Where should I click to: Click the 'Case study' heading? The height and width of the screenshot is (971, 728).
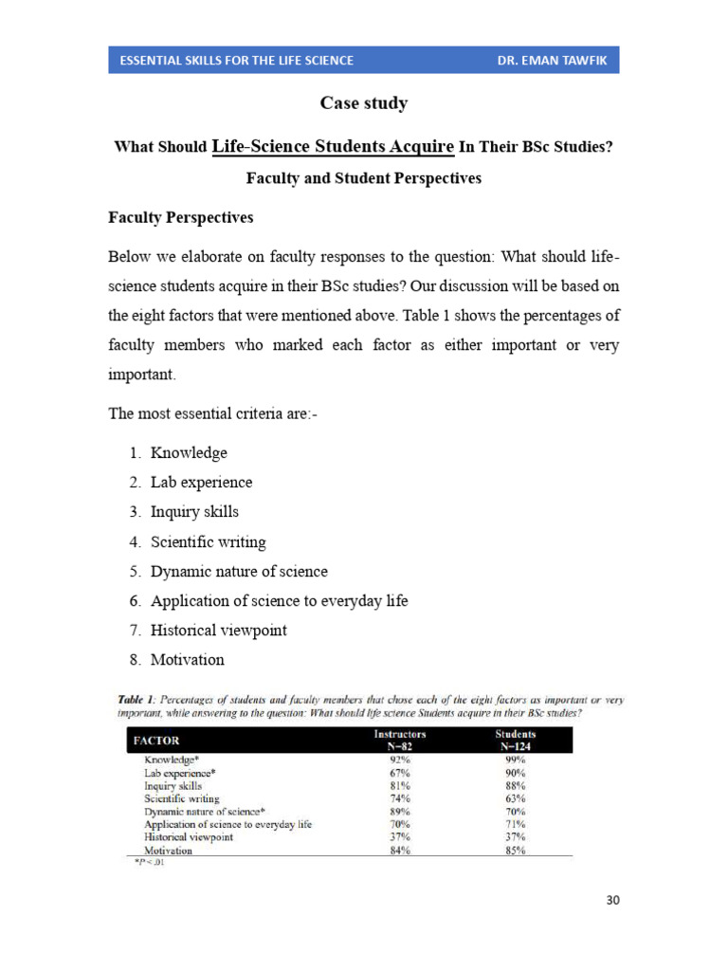tap(363, 103)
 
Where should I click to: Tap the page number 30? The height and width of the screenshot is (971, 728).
tap(612, 900)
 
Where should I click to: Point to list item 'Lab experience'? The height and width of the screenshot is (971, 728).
tap(201, 482)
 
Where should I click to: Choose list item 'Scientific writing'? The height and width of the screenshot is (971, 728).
tap(208, 542)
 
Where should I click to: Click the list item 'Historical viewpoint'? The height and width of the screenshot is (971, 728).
tap(218, 630)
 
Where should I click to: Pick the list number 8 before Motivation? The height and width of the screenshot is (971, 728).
tap(136, 659)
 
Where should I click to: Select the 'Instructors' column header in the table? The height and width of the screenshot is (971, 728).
tap(400, 734)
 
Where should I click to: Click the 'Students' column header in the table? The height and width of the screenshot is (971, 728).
tap(516, 734)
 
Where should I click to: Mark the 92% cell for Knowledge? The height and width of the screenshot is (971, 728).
tap(399, 760)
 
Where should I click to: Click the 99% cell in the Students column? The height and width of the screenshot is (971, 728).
tap(516, 760)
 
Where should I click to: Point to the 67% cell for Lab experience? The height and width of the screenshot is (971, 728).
tap(399, 773)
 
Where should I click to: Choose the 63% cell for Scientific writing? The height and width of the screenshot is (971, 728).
tap(516, 798)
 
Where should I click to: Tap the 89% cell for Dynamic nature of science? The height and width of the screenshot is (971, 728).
tap(399, 812)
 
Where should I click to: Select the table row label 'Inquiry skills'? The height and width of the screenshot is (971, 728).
tap(173, 786)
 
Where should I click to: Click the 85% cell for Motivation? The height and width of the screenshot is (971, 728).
tap(516, 851)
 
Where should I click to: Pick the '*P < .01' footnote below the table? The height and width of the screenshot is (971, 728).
tap(148, 863)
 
